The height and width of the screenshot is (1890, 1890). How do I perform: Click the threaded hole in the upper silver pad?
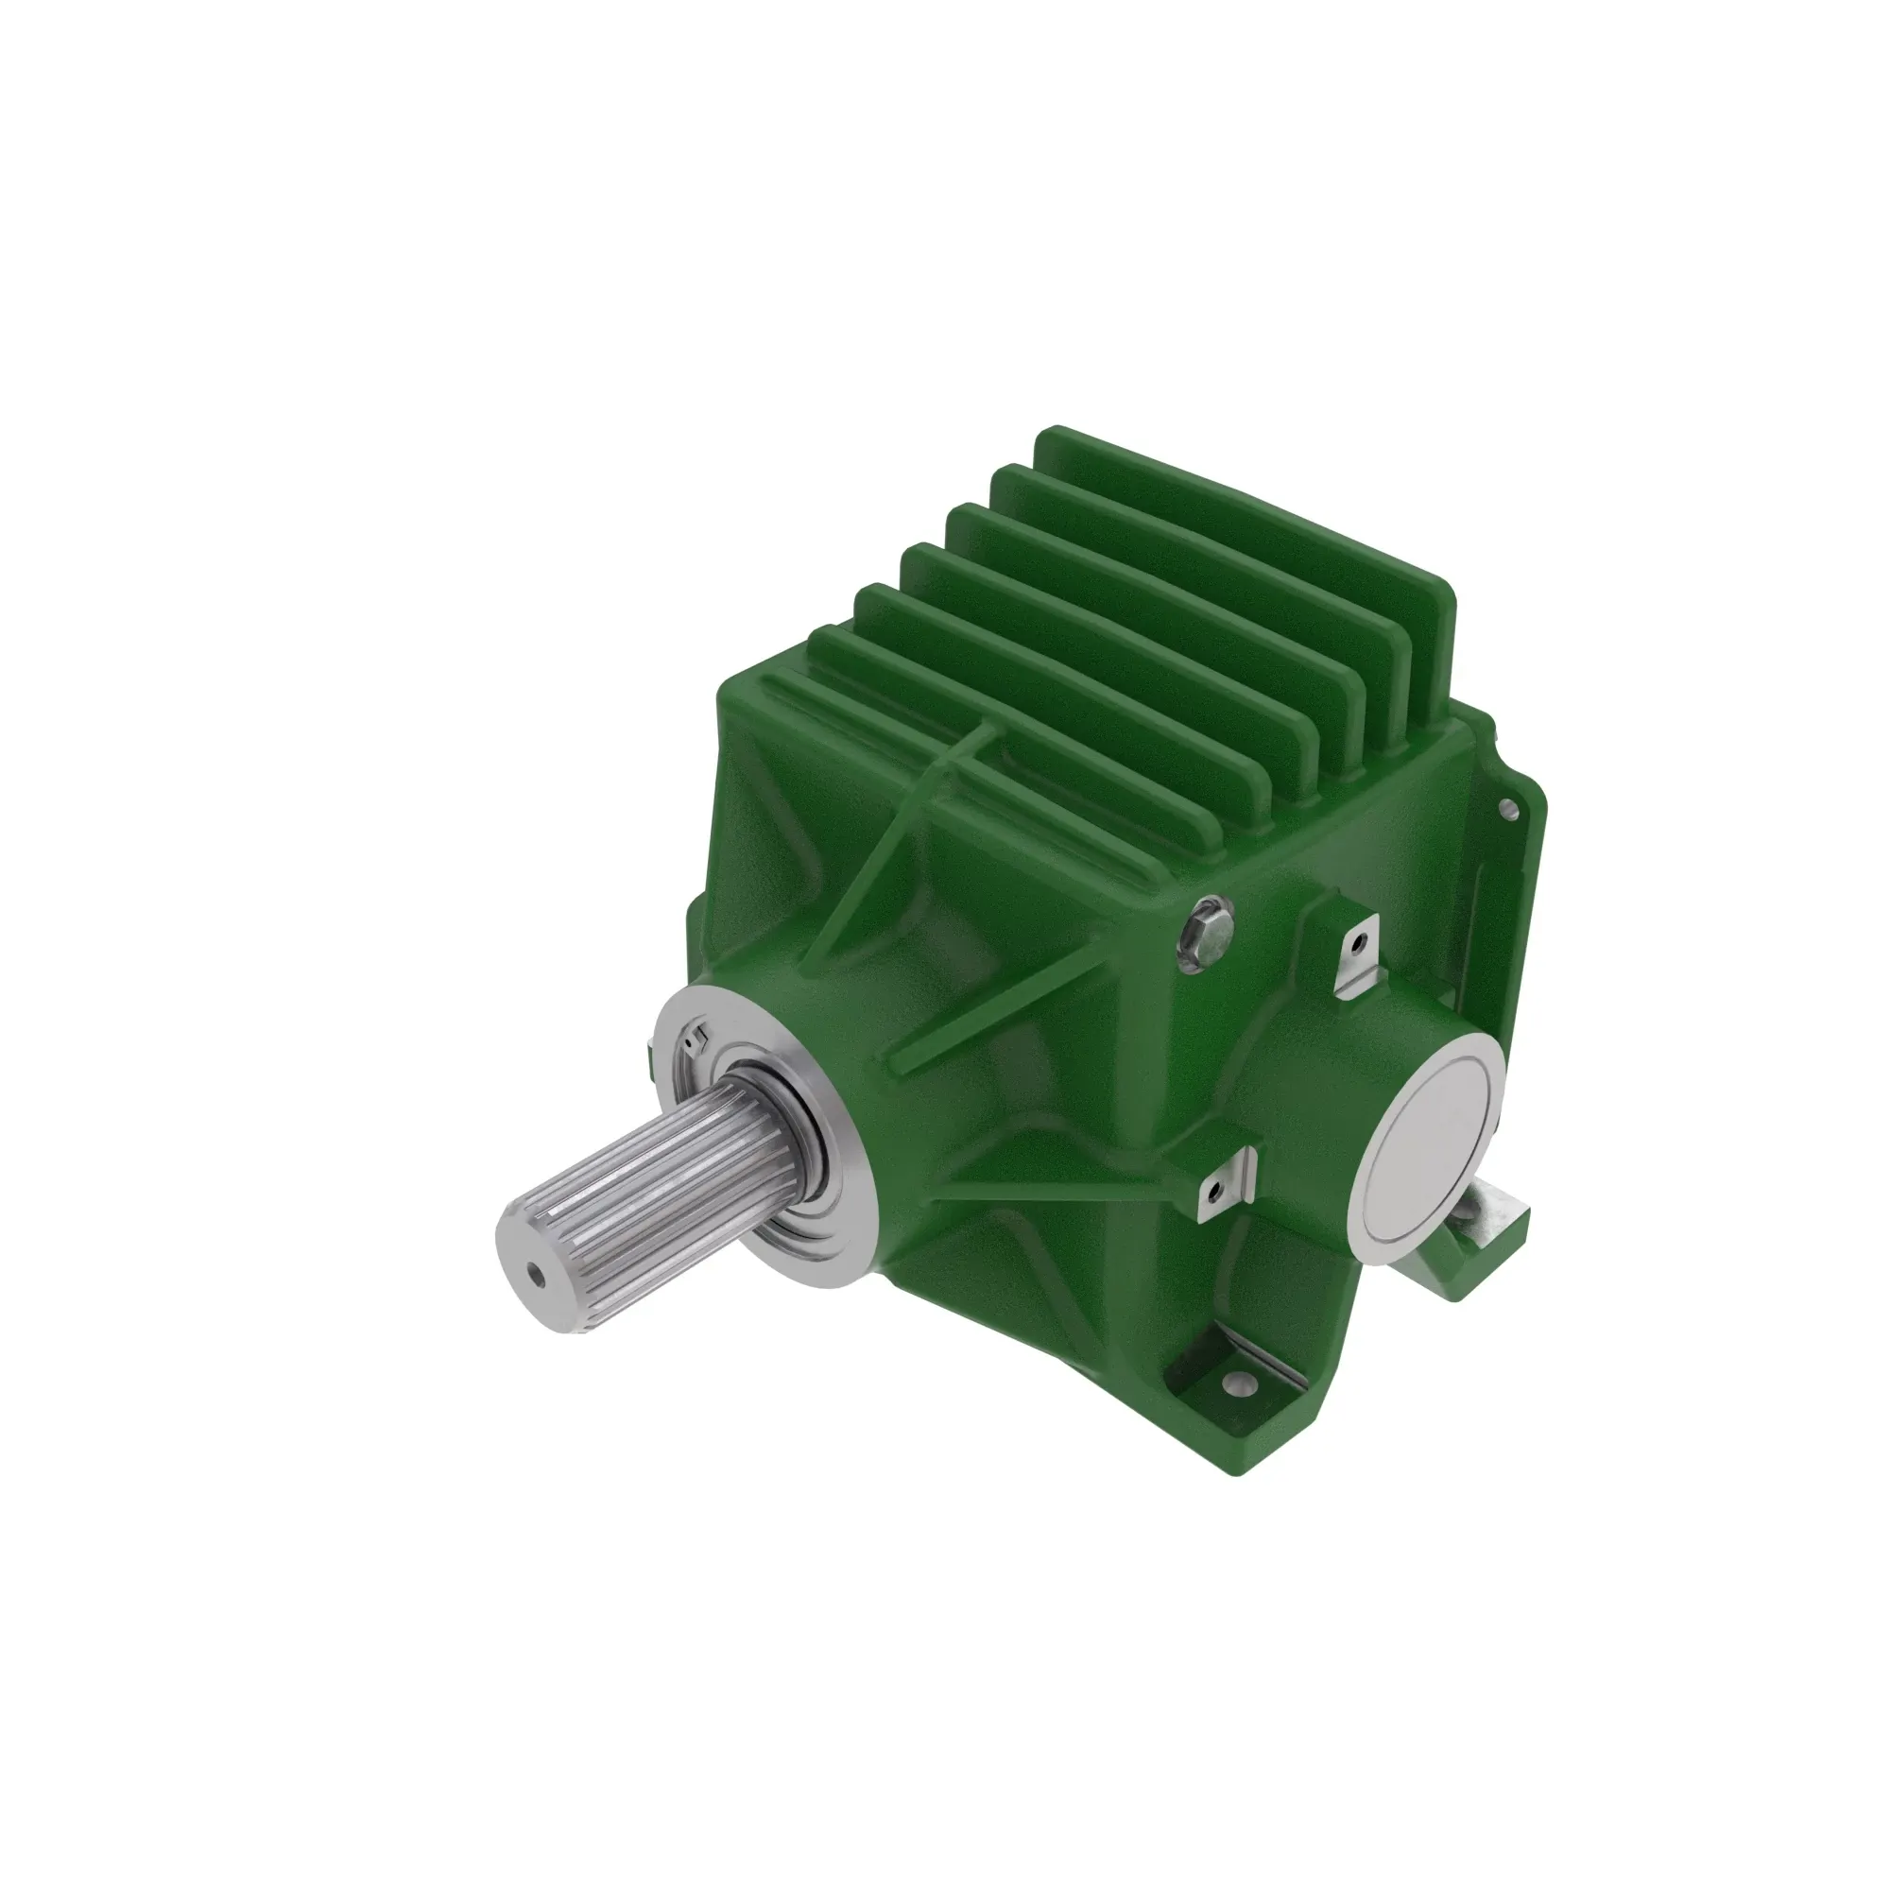[x=1355, y=946]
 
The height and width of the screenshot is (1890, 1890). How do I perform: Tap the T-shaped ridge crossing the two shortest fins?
[x=964, y=753]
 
